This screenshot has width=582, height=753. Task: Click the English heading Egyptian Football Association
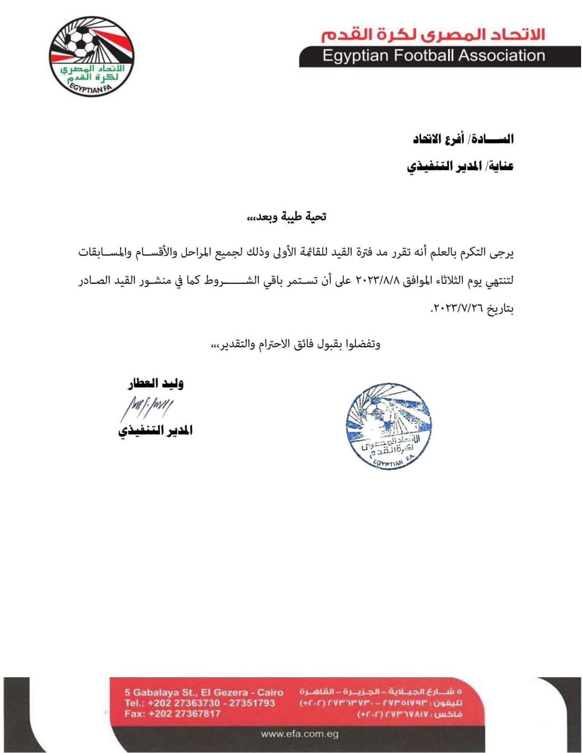click(x=433, y=56)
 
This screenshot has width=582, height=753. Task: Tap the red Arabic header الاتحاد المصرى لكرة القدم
click(x=433, y=34)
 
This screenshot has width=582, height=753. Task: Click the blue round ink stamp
click(x=389, y=426)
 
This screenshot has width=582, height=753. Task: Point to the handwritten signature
click(x=146, y=407)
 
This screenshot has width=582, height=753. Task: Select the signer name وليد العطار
click(x=155, y=384)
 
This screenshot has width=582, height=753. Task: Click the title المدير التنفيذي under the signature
click(x=155, y=431)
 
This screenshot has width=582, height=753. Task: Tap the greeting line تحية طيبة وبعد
click(x=287, y=216)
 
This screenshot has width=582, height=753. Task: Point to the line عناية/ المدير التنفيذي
click(x=460, y=166)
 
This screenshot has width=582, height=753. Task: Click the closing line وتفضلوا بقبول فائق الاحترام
click(x=295, y=344)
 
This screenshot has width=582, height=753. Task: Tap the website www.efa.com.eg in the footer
click(x=299, y=734)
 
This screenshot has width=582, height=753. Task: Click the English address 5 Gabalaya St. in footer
click(x=203, y=692)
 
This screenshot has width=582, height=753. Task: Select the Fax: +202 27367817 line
click(x=172, y=713)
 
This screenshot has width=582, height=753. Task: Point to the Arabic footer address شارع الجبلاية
click(x=380, y=692)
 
